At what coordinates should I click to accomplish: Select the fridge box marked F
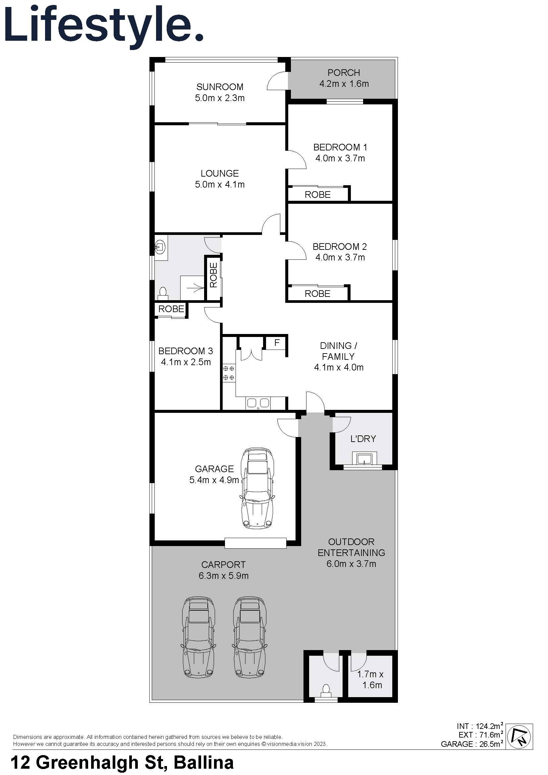click(x=277, y=343)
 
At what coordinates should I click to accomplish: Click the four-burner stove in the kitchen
click(x=229, y=373)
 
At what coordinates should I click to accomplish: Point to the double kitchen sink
click(x=258, y=403)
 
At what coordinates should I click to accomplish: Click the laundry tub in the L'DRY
click(x=363, y=459)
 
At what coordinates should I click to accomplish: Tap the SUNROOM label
click(x=220, y=87)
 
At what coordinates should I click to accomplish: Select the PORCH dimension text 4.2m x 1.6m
click(x=344, y=84)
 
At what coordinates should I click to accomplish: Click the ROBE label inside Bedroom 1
click(x=317, y=194)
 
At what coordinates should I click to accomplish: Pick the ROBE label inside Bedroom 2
click(x=317, y=294)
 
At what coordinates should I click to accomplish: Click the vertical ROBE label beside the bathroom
click(x=214, y=275)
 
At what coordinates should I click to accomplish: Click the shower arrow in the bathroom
click(x=197, y=288)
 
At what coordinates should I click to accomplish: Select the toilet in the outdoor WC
click(x=326, y=689)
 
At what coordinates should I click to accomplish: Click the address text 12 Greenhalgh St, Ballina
click(x=122, y=763)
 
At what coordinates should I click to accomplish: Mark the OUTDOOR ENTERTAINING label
click(x=351, y=547)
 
